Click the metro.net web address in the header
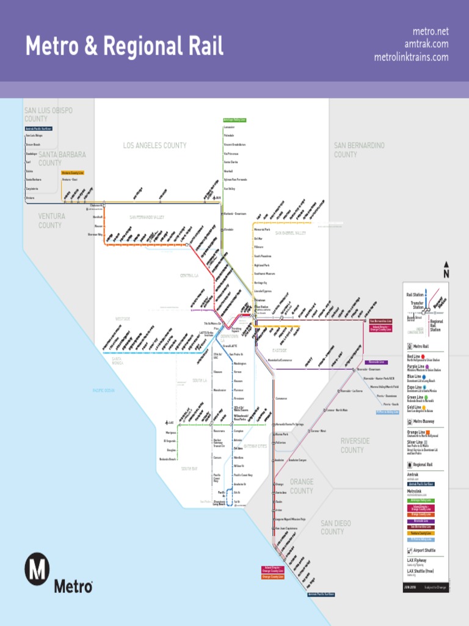click(430, 31)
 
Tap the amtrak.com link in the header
click(426, 44)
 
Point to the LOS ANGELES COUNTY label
click(155, 145)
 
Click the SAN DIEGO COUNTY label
click(335, 528)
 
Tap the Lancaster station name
click(233, 127)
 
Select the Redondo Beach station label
click(169, 458)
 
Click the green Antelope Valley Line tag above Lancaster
click(234, 120)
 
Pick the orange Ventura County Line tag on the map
click(73, 173)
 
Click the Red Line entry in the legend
click(415, 356)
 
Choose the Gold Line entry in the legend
click(415, 407)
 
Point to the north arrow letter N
click(446, 274)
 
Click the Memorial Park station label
click(262, 229)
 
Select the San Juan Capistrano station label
click(286, 528)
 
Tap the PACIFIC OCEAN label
click(103, 390)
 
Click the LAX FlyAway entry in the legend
click(417, 560)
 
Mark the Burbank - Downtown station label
click(236, 214)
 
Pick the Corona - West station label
click(318, 431)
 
